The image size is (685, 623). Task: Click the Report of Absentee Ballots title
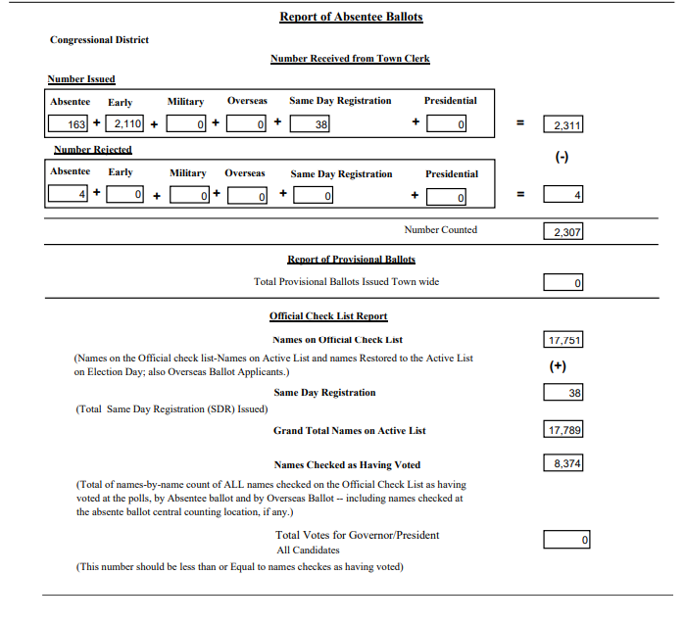tap(351, 17)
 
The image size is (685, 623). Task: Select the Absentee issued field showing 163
tap(69, 124)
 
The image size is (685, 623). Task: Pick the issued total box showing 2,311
tap(563, 125)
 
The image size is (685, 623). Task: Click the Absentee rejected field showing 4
tap(69, 195)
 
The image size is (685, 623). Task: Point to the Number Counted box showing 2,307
tap(563, 233)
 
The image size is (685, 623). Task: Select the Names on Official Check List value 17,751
tap(563, 340)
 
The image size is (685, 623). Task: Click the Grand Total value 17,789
tap(563, 430)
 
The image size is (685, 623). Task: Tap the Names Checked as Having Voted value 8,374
tap(563, 463)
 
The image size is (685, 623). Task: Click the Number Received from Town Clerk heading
tap(350, 59)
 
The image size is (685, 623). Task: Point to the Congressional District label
tap(99, 40)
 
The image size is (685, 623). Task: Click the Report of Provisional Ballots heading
tap(351, 260)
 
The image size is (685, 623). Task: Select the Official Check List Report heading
tap(328, 316)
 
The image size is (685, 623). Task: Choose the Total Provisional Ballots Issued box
tap(563, 283)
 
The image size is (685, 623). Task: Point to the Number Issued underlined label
tap(81, 79)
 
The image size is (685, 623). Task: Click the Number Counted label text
tap(440, 230)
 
